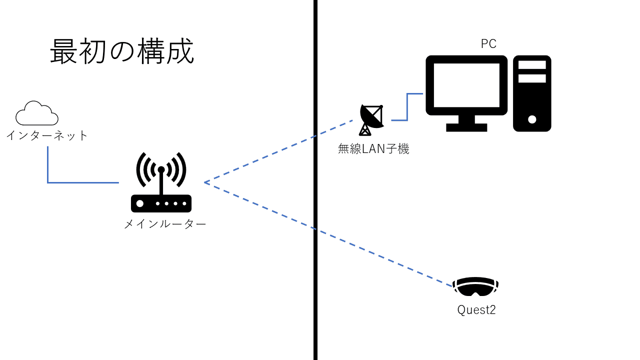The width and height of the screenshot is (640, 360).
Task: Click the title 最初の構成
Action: point(122,52)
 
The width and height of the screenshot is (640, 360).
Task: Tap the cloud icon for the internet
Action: point(36,113)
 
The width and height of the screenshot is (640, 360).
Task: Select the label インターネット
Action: point(47,135)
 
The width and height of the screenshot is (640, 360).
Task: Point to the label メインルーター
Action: point(165,224)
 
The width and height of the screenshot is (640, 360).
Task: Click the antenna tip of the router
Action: point(161,169)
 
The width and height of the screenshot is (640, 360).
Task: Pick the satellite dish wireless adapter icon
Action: point(371,119)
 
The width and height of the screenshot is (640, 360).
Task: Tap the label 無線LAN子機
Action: point(373,148)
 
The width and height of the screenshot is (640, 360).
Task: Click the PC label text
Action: point(488,44)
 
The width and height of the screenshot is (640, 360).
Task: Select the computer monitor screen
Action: point(466,85)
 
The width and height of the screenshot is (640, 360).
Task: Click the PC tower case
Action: point(532,93)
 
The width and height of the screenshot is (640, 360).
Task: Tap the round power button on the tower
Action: point(532,119)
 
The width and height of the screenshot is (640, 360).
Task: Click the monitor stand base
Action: point(466,127)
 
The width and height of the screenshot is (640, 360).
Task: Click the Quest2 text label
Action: point(476,310)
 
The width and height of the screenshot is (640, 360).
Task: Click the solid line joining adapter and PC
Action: point(407,107)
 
